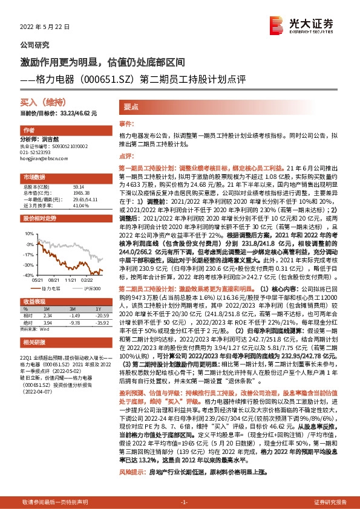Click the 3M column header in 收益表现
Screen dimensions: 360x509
(x=75, y=309)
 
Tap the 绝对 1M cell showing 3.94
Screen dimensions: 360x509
(x=48, y=323)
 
